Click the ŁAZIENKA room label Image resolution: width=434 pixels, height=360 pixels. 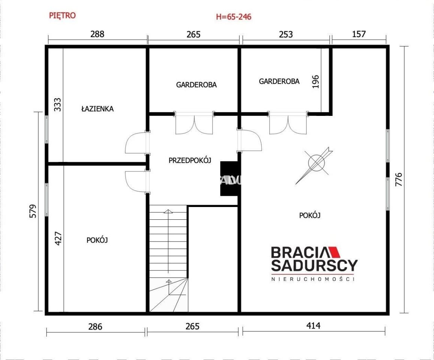[x=97, y=108]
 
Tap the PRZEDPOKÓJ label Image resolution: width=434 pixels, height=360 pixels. [x=190, y=160]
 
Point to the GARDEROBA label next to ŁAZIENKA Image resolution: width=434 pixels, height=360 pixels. [x=196, y=84]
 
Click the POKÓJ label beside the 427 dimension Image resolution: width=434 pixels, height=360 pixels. [x=97, y=240]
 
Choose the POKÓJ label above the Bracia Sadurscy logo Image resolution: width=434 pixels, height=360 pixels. [x=310, y=215]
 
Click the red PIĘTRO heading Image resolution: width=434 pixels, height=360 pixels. [x=62, y=15]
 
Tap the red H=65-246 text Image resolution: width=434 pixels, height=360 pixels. [x=233, y=17]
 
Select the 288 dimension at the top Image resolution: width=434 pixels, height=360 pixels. [x=97, y=34]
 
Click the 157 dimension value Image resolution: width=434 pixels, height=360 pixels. [x=359, y=34]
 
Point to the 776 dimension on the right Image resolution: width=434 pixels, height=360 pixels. [x=398, y=179]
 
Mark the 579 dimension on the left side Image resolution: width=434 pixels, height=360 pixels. [x=33, y=211]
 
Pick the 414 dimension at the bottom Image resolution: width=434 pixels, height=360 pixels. [x=313, y=325]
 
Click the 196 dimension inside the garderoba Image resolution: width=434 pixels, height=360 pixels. [x=315, y=81]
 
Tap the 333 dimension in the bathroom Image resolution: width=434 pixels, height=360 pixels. [x=57, y=104]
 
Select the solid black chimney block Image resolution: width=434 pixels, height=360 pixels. [x=229, y=178]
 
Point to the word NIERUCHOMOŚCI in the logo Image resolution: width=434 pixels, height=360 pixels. [x=313, y=279]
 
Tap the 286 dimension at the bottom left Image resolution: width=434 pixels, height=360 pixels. [x=95, y=327]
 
